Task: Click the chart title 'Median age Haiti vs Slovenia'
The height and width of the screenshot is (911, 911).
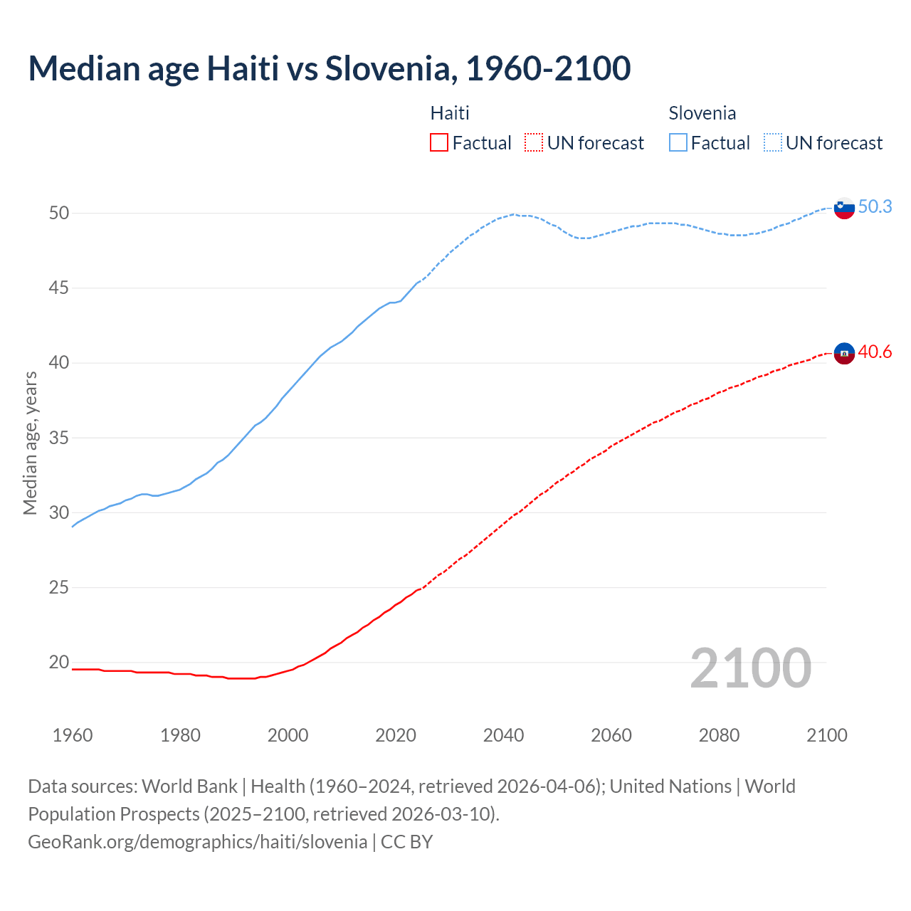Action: click(x=329, y=68)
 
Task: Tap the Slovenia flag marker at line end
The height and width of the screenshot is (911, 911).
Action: click(x=844, y=208)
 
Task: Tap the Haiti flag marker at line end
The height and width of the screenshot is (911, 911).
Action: click(x=844, y=353)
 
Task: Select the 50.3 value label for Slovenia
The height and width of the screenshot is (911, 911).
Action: click(x=875, y=206)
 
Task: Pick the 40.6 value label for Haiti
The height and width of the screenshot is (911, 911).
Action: click(x=875, y=352)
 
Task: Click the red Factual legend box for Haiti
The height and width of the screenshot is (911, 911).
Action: click(x=439, y=143)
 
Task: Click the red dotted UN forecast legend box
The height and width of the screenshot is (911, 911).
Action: click(x=534, y=143)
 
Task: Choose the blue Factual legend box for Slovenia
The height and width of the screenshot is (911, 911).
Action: click(x=678, y=143)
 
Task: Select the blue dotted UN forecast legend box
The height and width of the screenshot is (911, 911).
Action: click(x=773, y=143)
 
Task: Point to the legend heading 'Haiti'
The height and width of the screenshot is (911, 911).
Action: click(x=450, y=113)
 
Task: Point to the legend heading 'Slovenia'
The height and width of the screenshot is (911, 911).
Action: click(x=702, y=113)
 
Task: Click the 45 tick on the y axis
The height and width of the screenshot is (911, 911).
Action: click(x=59, y=288)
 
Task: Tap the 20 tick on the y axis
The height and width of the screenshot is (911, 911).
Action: click(x=59, y=663)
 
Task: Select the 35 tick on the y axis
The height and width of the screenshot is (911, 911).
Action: click(x=59, y=438)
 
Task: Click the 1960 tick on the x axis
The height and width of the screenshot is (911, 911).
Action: click(x=73, y=735)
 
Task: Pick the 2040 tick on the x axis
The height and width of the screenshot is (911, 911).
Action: click(x=503, y=735)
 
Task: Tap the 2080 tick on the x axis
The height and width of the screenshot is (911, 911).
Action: click(x=719, y=735)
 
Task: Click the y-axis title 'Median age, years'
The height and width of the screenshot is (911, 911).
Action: click(x=30, y=443)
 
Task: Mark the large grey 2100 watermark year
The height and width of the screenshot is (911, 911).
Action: click(x=750, y=668)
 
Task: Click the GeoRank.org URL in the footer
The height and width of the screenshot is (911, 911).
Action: click(x=198, y=842)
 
